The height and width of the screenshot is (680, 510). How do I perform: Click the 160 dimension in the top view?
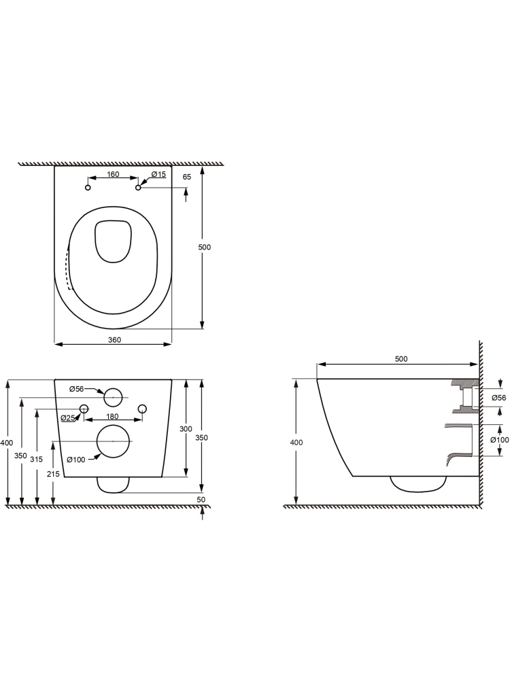113,174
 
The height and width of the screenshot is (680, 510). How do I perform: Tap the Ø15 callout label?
158,174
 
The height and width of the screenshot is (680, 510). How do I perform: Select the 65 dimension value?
187,177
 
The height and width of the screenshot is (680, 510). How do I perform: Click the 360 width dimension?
114,340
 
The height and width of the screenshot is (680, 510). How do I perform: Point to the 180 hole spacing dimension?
112,417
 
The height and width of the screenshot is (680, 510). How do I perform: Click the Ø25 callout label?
68,418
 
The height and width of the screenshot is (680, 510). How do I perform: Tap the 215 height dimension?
53,475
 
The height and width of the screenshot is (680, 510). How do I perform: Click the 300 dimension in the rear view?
186,429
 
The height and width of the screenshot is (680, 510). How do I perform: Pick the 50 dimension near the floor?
201,500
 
